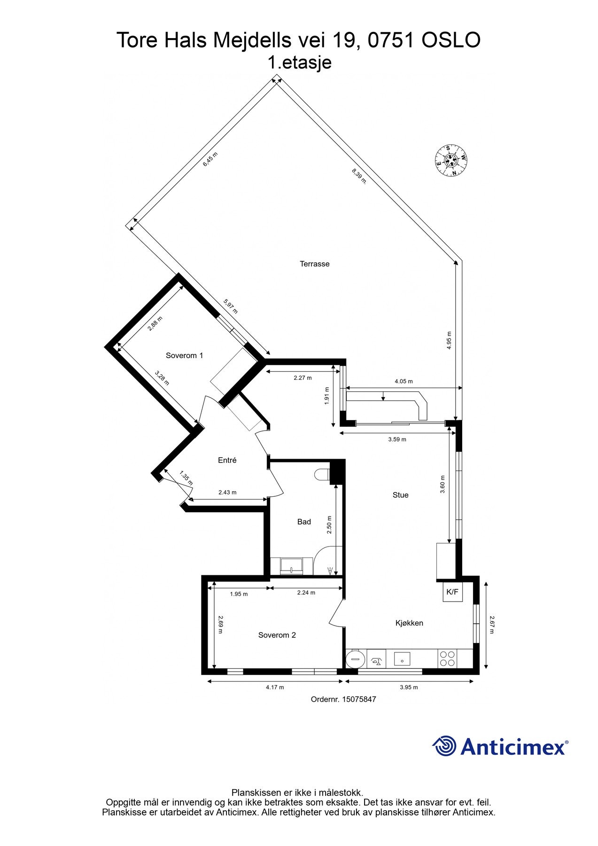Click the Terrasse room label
[314, 264]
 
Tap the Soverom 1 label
[184, 355]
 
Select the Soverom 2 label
[277, 635]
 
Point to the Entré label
[227, 461]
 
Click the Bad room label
[304, 522]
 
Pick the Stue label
[400, 495]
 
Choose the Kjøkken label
[409, 623]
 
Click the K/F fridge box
[452, 592]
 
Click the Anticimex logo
[500, 746]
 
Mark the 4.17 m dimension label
[275, 687]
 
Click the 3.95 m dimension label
[409, 687]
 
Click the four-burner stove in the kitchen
[447, 658]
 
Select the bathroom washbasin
[292, 565]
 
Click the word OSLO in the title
[450, 40]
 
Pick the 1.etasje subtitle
[299, 63]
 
